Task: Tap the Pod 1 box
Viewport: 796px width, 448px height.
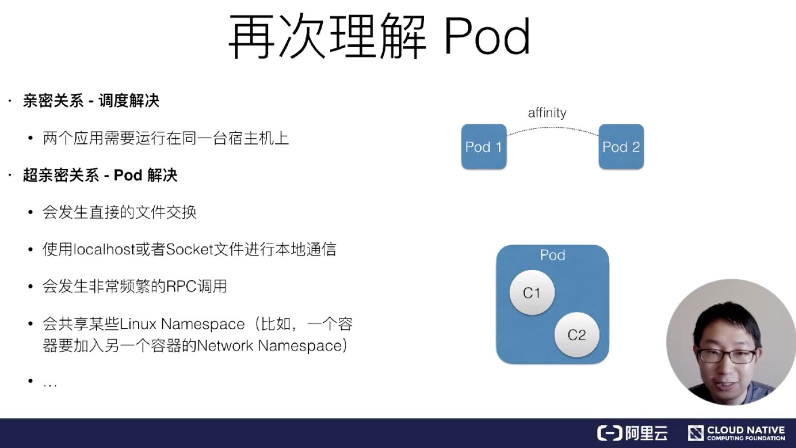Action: tap(483, 147)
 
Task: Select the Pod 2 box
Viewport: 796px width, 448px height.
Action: tap(621, 147)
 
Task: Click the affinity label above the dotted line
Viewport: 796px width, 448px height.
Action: tap(547, 113)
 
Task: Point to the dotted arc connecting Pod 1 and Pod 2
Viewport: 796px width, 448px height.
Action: tap(553, 127)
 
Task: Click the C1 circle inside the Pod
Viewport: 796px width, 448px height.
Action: tap(532, 293)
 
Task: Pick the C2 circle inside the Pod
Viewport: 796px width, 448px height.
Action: tap(576, 335)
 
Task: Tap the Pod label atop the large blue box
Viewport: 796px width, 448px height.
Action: tap(552, 255)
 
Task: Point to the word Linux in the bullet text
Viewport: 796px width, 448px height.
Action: tap(138, 324)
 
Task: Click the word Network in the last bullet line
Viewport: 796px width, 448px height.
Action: tap(226, 346)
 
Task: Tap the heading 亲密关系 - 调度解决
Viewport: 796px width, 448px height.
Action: tap(91, 101)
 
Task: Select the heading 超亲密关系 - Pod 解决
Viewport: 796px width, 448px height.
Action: tap(100, 175)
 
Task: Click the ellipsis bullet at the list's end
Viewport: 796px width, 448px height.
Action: tap(50, 384)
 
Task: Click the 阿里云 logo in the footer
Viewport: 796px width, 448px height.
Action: tap(633, 433)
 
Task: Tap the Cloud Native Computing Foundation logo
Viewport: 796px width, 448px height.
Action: tap(736, 433)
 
